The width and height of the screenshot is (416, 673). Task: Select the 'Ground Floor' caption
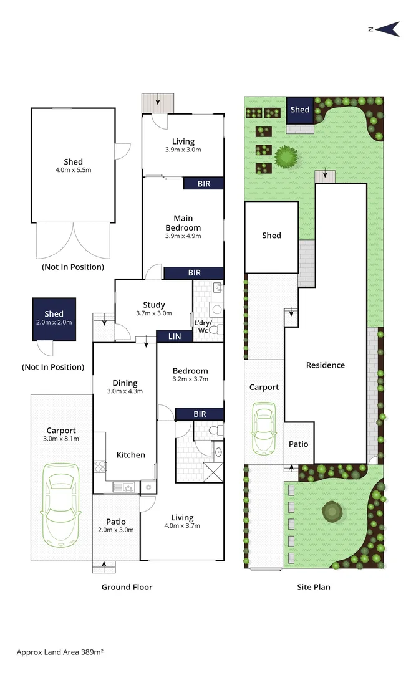(x=127, y=587)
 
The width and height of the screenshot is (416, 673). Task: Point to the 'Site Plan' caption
(x=313, y=587)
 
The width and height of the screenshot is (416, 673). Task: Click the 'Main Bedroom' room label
(x=183, y=223)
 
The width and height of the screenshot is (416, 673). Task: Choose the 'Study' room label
(x=153, y=305)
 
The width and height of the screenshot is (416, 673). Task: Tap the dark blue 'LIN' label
(x=175, y=336)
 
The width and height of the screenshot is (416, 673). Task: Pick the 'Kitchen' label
(x=131, y=455)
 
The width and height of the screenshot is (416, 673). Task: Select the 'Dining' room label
(x=125, y=383)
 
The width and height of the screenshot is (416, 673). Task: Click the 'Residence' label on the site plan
(x=325, y=365)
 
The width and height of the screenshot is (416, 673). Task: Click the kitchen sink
(x=124, y=487)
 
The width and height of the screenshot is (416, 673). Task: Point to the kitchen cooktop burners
(x=99, y=467)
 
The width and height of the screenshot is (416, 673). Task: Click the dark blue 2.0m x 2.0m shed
(x=54, y=318)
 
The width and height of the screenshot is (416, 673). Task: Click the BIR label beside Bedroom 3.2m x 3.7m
(x=200, y=414)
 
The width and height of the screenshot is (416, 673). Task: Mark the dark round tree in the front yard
(x=331, y=512)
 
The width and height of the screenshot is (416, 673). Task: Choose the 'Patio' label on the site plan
(x=298, y=444)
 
